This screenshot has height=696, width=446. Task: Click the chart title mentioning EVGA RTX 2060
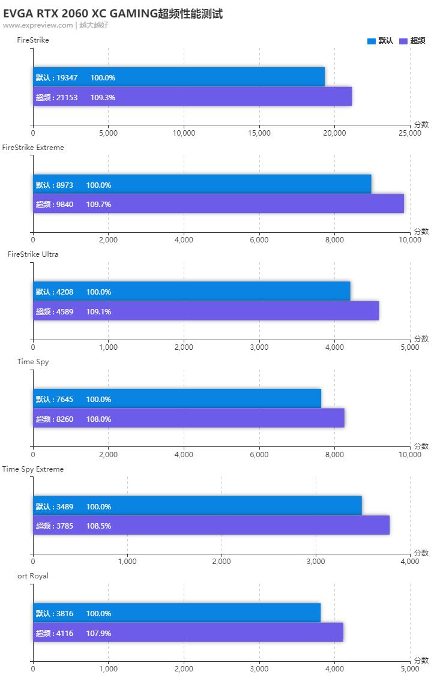[113, 14]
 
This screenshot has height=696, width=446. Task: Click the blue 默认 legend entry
[380, 41]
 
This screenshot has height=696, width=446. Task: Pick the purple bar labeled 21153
[192, 97]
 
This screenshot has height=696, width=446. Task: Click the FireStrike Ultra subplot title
[33, 254]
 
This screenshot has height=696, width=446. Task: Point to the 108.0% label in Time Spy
[98, 419]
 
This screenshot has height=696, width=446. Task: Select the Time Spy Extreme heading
[33, 469]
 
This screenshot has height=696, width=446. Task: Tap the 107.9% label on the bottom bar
[98, 633]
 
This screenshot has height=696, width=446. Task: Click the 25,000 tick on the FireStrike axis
[409, 133]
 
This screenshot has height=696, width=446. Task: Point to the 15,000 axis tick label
[259, 133]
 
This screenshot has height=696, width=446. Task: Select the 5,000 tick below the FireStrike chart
[108, 133]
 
